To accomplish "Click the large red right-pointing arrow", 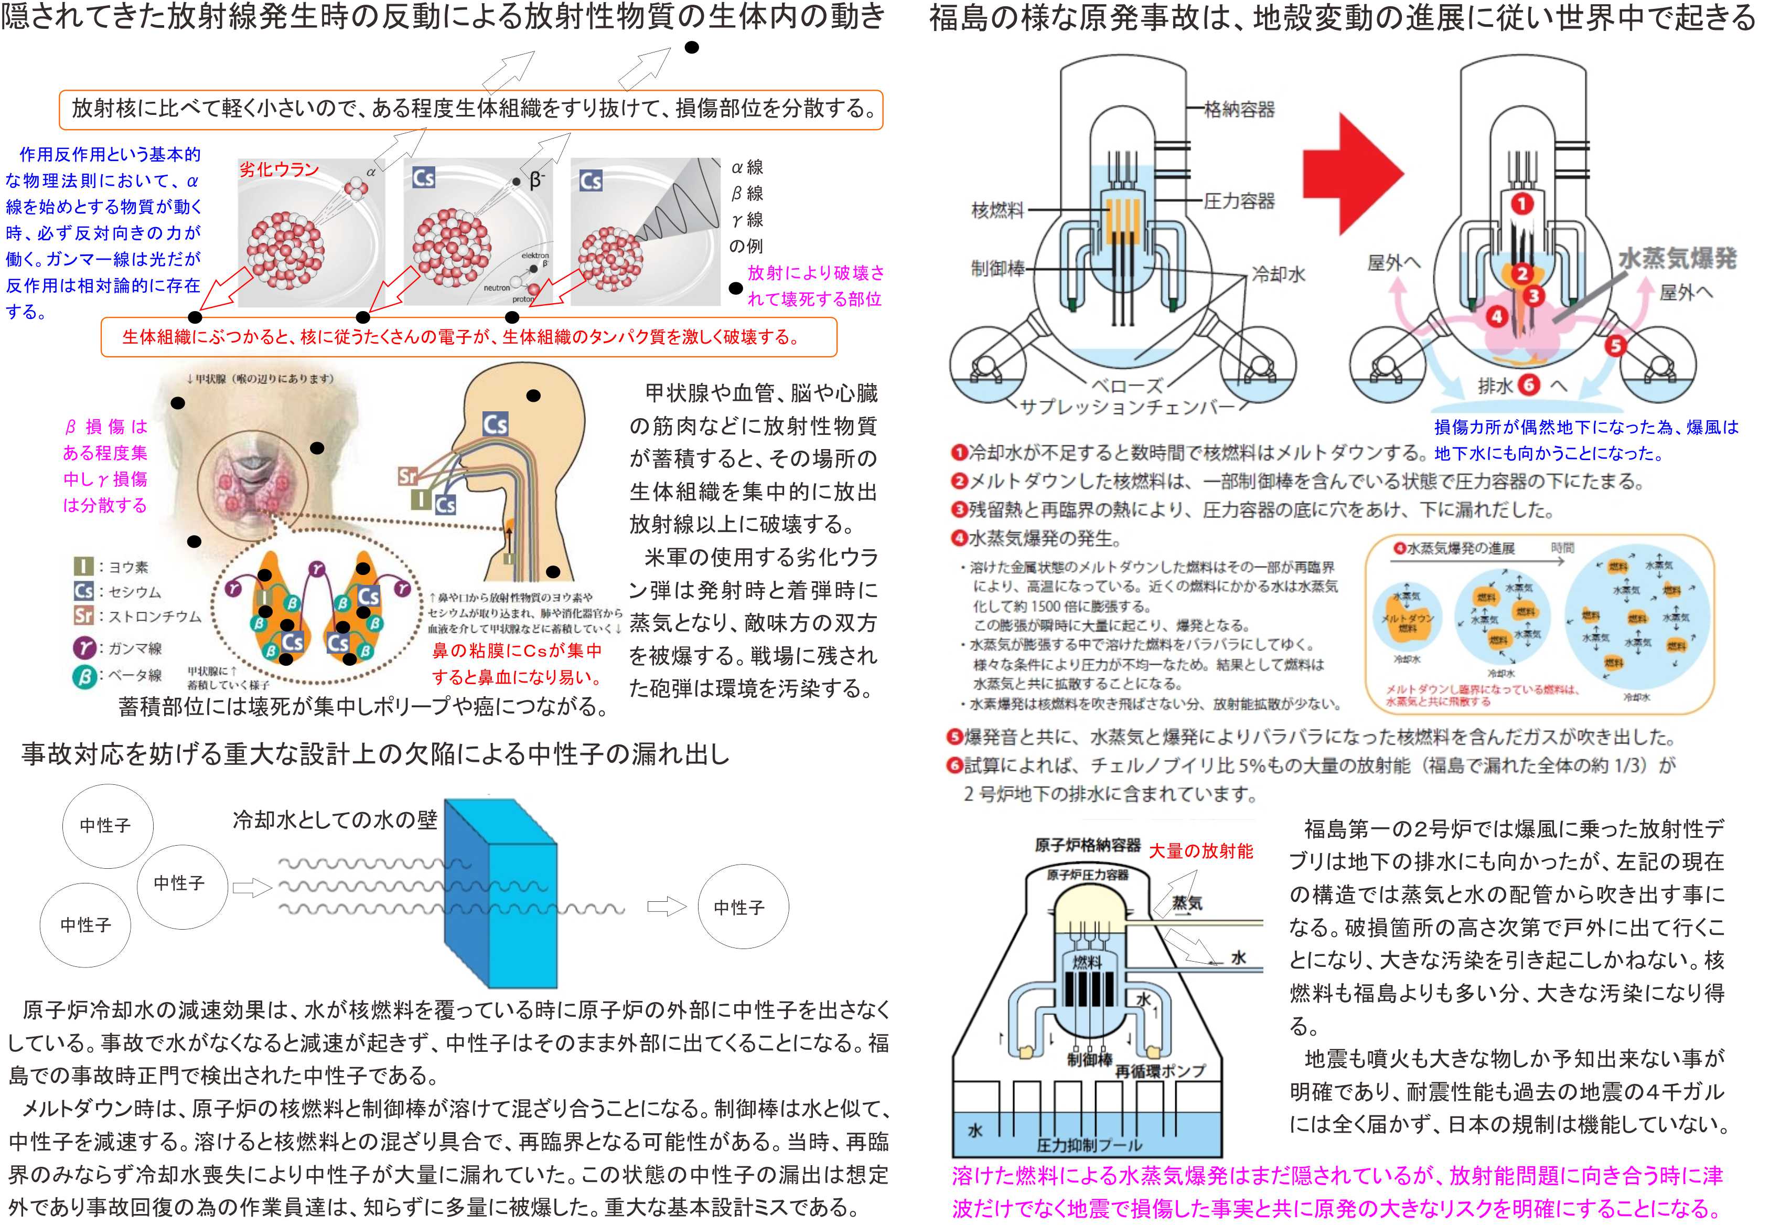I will (1352, 175).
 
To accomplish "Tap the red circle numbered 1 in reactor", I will (1522, 204).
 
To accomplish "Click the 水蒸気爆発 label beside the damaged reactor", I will (1677, 258).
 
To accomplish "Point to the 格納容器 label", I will (1239, 110).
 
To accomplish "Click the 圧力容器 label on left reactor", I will (1239, 201).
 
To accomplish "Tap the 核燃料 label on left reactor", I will (998, 209).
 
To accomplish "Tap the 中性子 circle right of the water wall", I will (739, 907).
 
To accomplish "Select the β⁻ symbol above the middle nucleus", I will (537, 180).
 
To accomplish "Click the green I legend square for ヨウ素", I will (83, 567).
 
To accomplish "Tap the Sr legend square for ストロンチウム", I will (83, 615).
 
